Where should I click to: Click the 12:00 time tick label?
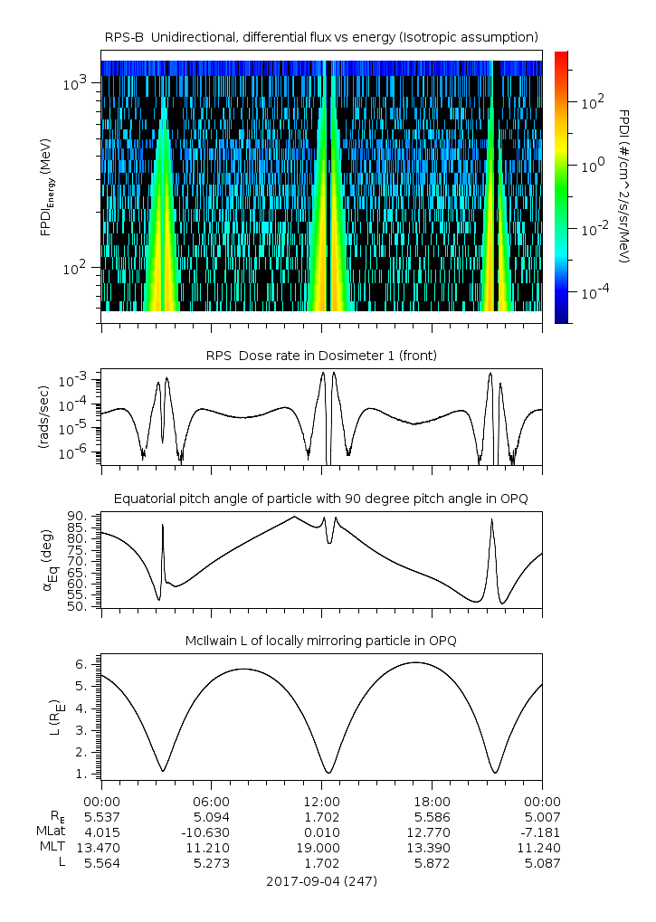322,802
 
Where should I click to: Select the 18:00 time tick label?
432,802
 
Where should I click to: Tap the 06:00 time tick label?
212,802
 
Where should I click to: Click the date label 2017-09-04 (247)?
322,880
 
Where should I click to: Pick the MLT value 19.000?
322,848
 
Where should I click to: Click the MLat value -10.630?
212,832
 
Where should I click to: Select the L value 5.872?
432,863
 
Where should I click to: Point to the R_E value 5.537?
101,817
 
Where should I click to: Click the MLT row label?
52,848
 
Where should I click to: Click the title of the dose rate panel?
322,356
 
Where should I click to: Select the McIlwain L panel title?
322,641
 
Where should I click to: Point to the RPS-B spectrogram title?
322,36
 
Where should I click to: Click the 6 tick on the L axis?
80,664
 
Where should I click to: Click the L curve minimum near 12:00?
327,773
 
